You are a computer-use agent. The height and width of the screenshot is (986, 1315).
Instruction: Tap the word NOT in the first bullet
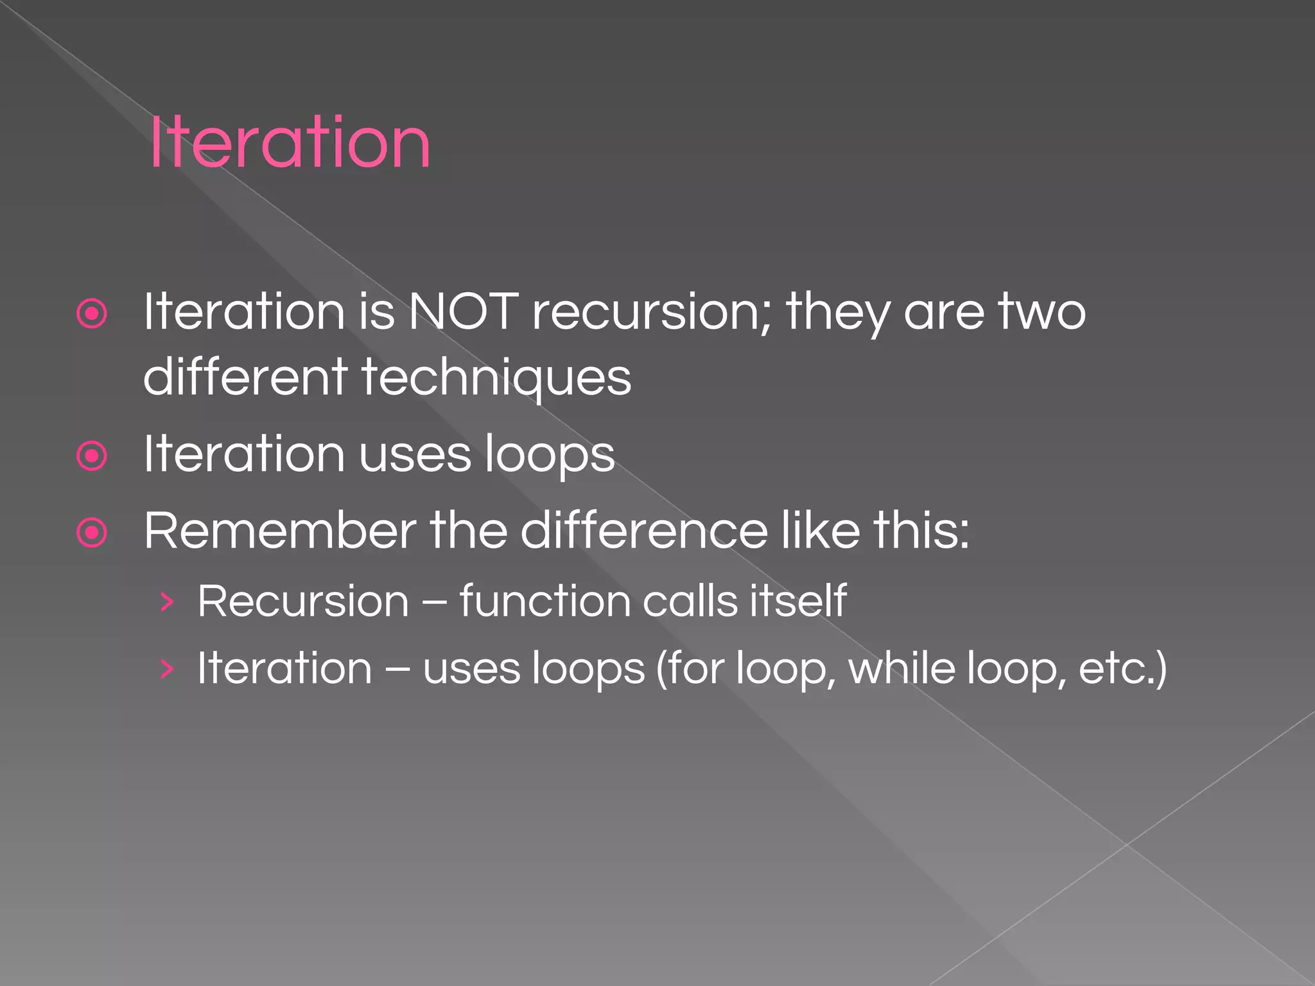click(x=464, y=312)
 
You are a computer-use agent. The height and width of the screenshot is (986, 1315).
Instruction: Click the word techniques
click(x=496, y=377)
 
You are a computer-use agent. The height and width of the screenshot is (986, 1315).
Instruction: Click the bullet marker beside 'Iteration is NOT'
click(x=92, y=314)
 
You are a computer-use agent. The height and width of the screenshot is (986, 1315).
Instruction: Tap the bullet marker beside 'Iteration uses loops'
click(x=92, y=456)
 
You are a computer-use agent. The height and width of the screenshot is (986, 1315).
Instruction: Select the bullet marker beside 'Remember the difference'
click(x=92, y=533)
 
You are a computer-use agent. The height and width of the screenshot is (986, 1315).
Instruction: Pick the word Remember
click(x=280, y=532)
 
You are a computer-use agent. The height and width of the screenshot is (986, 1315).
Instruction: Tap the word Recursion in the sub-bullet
click(x=303, y=601)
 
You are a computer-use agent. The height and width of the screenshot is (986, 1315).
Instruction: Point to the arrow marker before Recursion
click(x=167, y=602)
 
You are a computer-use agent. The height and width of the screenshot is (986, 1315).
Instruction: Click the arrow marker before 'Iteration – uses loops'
click(x=167, y=670)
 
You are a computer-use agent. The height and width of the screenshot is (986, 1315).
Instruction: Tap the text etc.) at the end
click(x=1122, y=669)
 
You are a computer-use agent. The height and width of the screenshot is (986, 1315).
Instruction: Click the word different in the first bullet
click(x=245, y=377)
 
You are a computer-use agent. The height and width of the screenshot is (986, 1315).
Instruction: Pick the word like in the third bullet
click(x=820, y=532)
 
